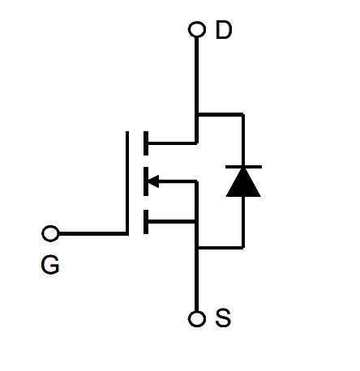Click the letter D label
pyautogui.click(x=224, y=30)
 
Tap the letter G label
pyautogui.click(x=50, y=265)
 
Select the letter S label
pyautogui.click(x=223, y=318)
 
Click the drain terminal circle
pyautogui.click(x=197, y=29)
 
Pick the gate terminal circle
pyautogui.click(x=50, y=233)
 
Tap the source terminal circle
pyautogui.click(x=197, y=319)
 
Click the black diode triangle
pyautogui.click(x=243, y=182)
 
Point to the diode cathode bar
pyautogui.click(x=243, y=167)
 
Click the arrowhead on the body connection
pyautogui.click(x=153, y=181)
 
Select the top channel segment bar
pyautogui.click(x=146, y=143)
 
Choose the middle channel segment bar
pyautogui.click(x=146, y=181)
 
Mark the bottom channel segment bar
pyautogui.click(x=146, y=222)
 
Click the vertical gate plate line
pyautogui.click(x=127, y=183)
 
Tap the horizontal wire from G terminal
pyautogui.click(x=93, y=233)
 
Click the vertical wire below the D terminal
pyautogui.click(x=197, y=90)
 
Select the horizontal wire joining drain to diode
pyautogui.click(x=221, y=115)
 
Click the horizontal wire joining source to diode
pyautogui.click(x=221, y=247)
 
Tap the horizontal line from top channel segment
pyautogui.click(x=173, y=143)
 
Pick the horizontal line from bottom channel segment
pyautogui.click(x=172, y=222)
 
